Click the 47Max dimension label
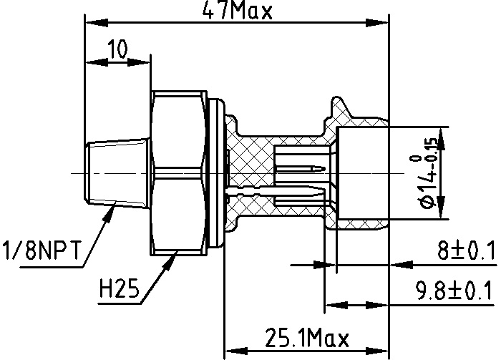pos(238,11)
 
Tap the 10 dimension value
pos(117,49)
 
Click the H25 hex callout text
pos(120,288)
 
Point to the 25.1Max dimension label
pos(307,337)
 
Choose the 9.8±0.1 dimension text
pos(453,291)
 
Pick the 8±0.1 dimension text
pos(466,250)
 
